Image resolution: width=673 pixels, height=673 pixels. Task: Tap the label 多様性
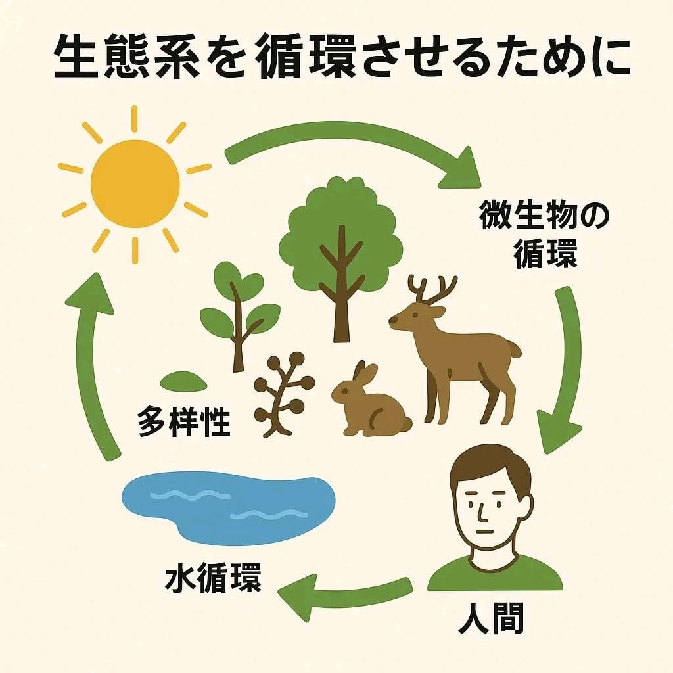(x=185, y=421)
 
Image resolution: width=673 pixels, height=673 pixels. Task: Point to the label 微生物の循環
(x=546, y=237)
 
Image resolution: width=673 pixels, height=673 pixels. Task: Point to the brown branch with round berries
(x=283, y=394)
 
